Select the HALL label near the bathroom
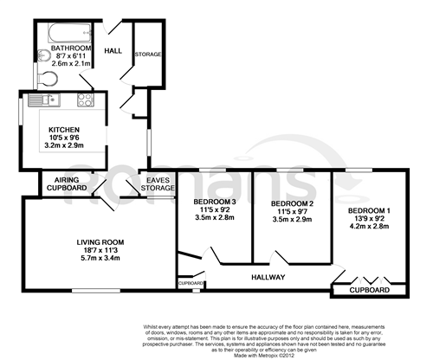(x=113, y=52)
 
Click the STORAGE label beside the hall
(x=148, y=55)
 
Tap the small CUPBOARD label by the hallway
(x=191, y=283)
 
